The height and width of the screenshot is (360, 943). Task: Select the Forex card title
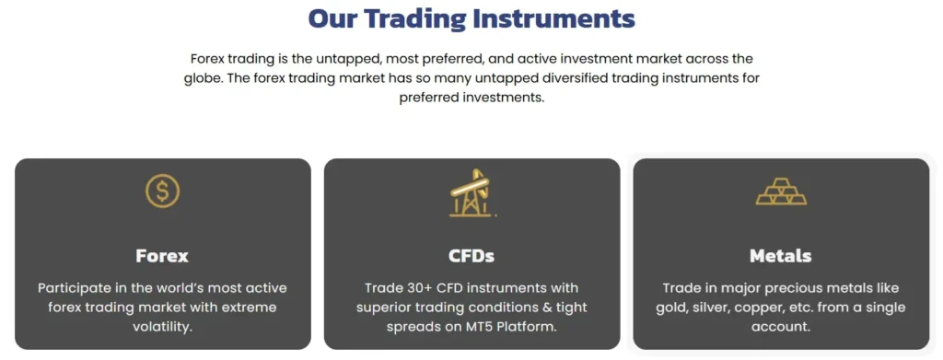pyautogui.click(x=162, y=256)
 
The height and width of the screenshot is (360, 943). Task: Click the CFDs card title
pyautogui.click(x=471, y=256)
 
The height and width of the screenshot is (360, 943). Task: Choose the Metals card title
pyautogui.click(x=781, y=256)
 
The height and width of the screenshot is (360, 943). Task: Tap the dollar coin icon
pyautogui.click(x=162, y=192)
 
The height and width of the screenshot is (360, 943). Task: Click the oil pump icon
pyautogui.click(x=472, y=192)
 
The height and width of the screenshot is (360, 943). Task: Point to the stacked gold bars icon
pyautogui.click(x=781, y=192)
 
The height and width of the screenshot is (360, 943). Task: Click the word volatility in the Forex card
pyautogui.click(x=162, y=328)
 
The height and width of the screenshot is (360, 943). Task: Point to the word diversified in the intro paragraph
pyautogui.click(x=592, y=78)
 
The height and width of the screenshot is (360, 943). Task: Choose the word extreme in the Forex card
pyautogui.click(x=250, y=308)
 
